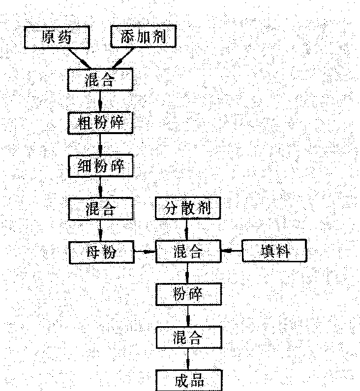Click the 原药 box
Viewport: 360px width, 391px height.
pos(57,37)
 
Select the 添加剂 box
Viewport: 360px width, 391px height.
pos(143,37)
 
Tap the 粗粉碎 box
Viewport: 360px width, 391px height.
pos(101,123)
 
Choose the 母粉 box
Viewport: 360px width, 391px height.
pos(101,252)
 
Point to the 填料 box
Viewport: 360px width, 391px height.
pos(275,251)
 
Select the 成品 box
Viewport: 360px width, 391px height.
pos(188,381)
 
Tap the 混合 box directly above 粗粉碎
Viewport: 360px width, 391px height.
pos(101,80)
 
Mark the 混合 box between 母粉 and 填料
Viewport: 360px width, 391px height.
pos(187,252)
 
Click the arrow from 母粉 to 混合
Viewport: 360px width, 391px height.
pos(145,252)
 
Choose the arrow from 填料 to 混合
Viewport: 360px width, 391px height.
pos(231,251)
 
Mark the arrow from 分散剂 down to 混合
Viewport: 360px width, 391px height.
pos(187,230)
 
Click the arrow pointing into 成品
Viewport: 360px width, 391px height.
pos(188,359)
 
